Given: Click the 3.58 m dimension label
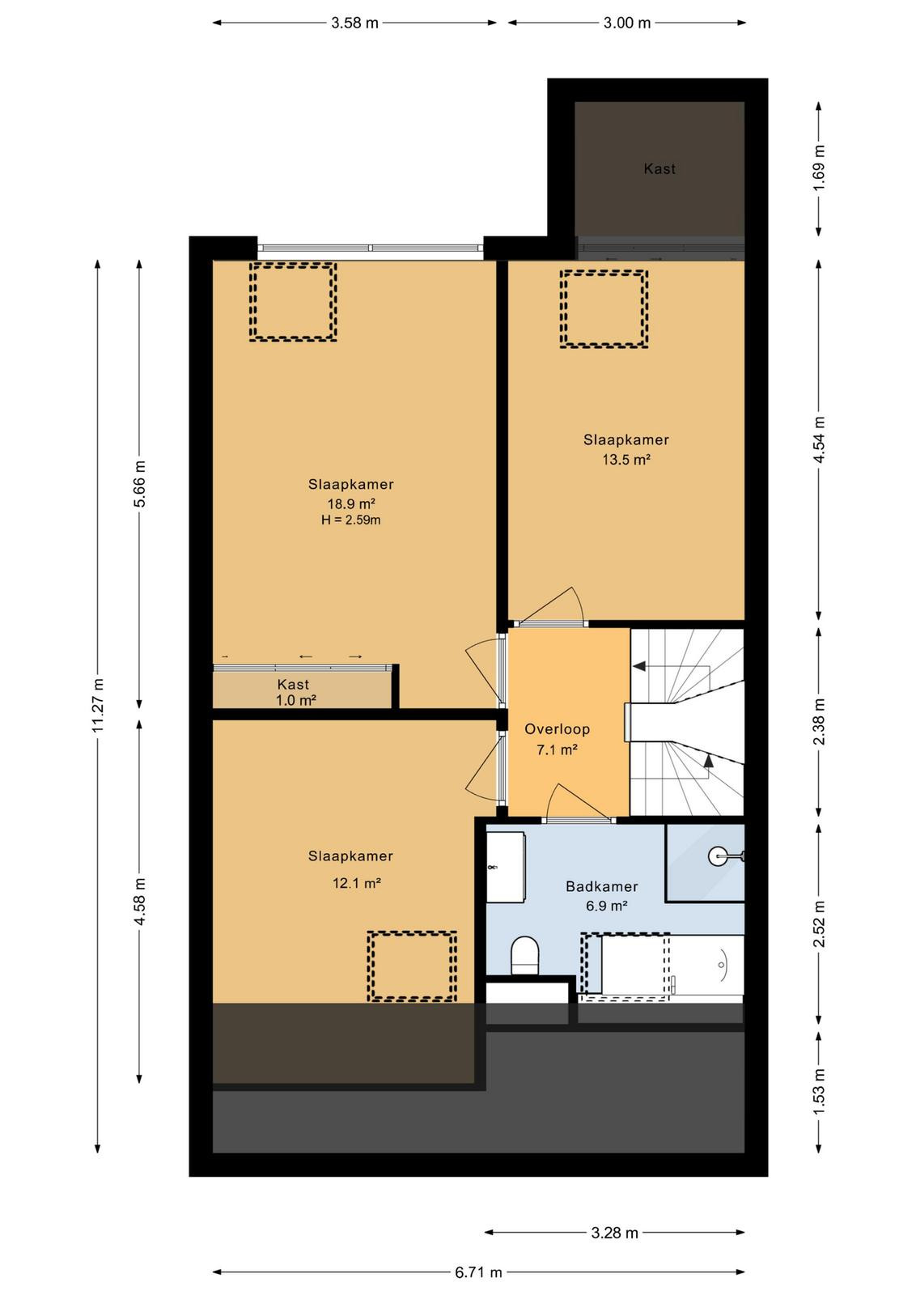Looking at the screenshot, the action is point(354,23).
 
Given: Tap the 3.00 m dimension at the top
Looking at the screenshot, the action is point(627,23).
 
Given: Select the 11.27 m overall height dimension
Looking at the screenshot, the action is point(98,705).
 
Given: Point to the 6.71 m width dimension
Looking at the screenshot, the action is point(478,1272).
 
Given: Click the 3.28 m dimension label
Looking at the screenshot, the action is point(614,1233).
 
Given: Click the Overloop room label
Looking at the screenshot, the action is point(557,729).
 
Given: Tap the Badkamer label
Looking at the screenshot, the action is point(601,886).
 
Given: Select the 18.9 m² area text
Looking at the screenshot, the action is point(352,503).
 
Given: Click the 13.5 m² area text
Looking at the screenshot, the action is point(626,460).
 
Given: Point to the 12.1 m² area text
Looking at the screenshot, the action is point(357,883).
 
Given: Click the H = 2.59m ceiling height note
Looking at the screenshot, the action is point(351,520).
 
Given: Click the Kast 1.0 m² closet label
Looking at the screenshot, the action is point(295,692).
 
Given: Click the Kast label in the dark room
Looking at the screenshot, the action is point(659,169).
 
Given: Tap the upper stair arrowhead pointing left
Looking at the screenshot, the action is point(638,666).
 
